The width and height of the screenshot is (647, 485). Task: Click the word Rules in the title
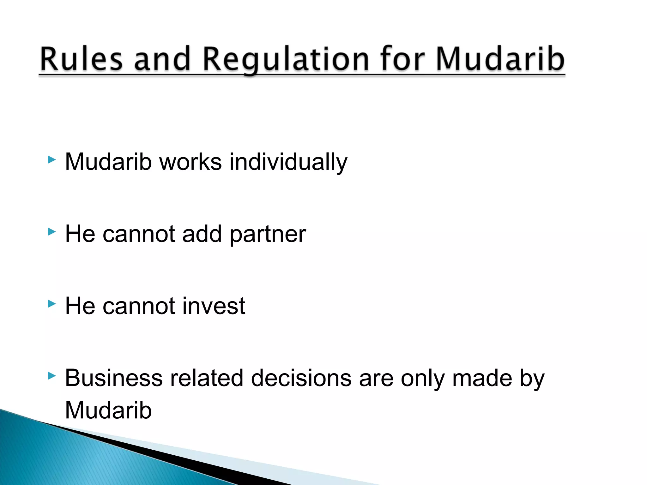(81, 59)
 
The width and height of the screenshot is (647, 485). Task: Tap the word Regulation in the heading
(286, 59)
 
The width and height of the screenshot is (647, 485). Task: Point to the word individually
(288, 162)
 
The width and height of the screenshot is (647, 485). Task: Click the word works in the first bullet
(190, 162)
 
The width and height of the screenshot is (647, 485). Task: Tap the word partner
(268, 234)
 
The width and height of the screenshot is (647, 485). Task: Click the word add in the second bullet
(202, 234)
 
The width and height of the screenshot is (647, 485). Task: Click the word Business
(114, 378)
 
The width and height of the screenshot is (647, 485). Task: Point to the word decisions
(301, 378)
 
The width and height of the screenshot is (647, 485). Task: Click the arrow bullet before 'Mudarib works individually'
(51, 160)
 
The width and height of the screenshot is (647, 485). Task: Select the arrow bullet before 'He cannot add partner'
(51, 232)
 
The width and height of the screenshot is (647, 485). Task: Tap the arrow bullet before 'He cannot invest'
(51, 304)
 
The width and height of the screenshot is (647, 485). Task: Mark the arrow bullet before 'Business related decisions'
(51, 376)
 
